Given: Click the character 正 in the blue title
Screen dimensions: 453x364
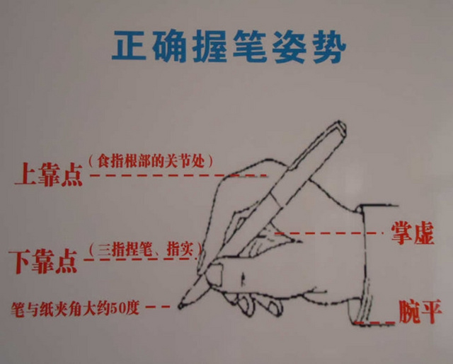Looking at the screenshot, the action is [x=129, y=45].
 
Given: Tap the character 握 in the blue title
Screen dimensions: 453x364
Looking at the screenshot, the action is [x=209, y=46].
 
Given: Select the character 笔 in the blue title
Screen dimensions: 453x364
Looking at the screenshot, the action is [x=250, y=46].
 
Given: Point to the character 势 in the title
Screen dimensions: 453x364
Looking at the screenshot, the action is [x=330, y=47].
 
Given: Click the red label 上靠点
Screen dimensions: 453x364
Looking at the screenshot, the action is [x=49, y=174].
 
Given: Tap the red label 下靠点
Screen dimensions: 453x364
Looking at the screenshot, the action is [x=43, y=262].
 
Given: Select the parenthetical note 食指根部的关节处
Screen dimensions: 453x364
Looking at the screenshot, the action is [x=151, y=162].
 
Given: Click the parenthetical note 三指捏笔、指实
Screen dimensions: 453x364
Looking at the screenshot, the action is [x=144, y=249].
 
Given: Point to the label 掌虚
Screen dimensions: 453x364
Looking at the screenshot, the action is [x=413, y=233].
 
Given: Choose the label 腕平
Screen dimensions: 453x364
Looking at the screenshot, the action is [x=420, y=312].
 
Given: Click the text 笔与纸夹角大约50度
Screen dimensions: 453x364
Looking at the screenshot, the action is [x=75, y=309].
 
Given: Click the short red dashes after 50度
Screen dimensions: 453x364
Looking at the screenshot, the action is [x=158, y=307].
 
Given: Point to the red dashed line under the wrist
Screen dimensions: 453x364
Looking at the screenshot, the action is [x=375, y=322].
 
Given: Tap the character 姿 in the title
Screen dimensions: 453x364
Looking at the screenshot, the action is [x=289, y=47].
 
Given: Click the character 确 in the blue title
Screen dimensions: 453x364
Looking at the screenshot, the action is [x=169, y=46].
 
